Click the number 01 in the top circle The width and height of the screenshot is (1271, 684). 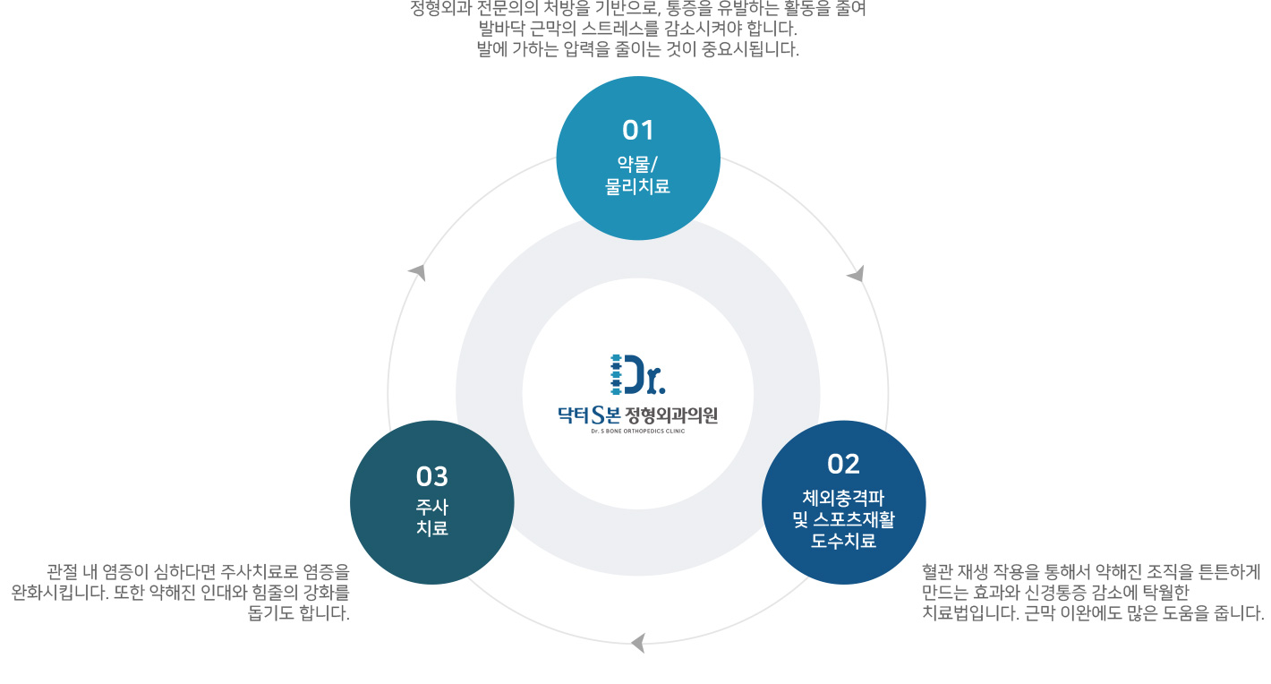pos(638,131)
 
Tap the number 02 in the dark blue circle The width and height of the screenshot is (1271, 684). pos(843,464)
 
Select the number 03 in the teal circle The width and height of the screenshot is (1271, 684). pos(431,476)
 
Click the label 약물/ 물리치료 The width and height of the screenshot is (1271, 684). pos(637,175)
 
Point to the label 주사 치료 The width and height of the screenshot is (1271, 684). pos(431,517)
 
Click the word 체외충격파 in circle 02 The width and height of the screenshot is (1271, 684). pos(843,498)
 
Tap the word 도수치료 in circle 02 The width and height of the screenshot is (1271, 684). pos(843,541)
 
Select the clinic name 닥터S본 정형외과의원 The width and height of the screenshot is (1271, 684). pos(637,415)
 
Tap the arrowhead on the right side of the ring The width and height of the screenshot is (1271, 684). pos(857,274)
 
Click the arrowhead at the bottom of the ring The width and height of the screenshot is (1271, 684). pos(637,643)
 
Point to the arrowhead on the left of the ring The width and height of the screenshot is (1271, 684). pos(417,271)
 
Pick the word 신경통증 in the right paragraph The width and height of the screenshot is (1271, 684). pos(1076,592)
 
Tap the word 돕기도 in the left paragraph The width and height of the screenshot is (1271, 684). pos(272,613)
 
